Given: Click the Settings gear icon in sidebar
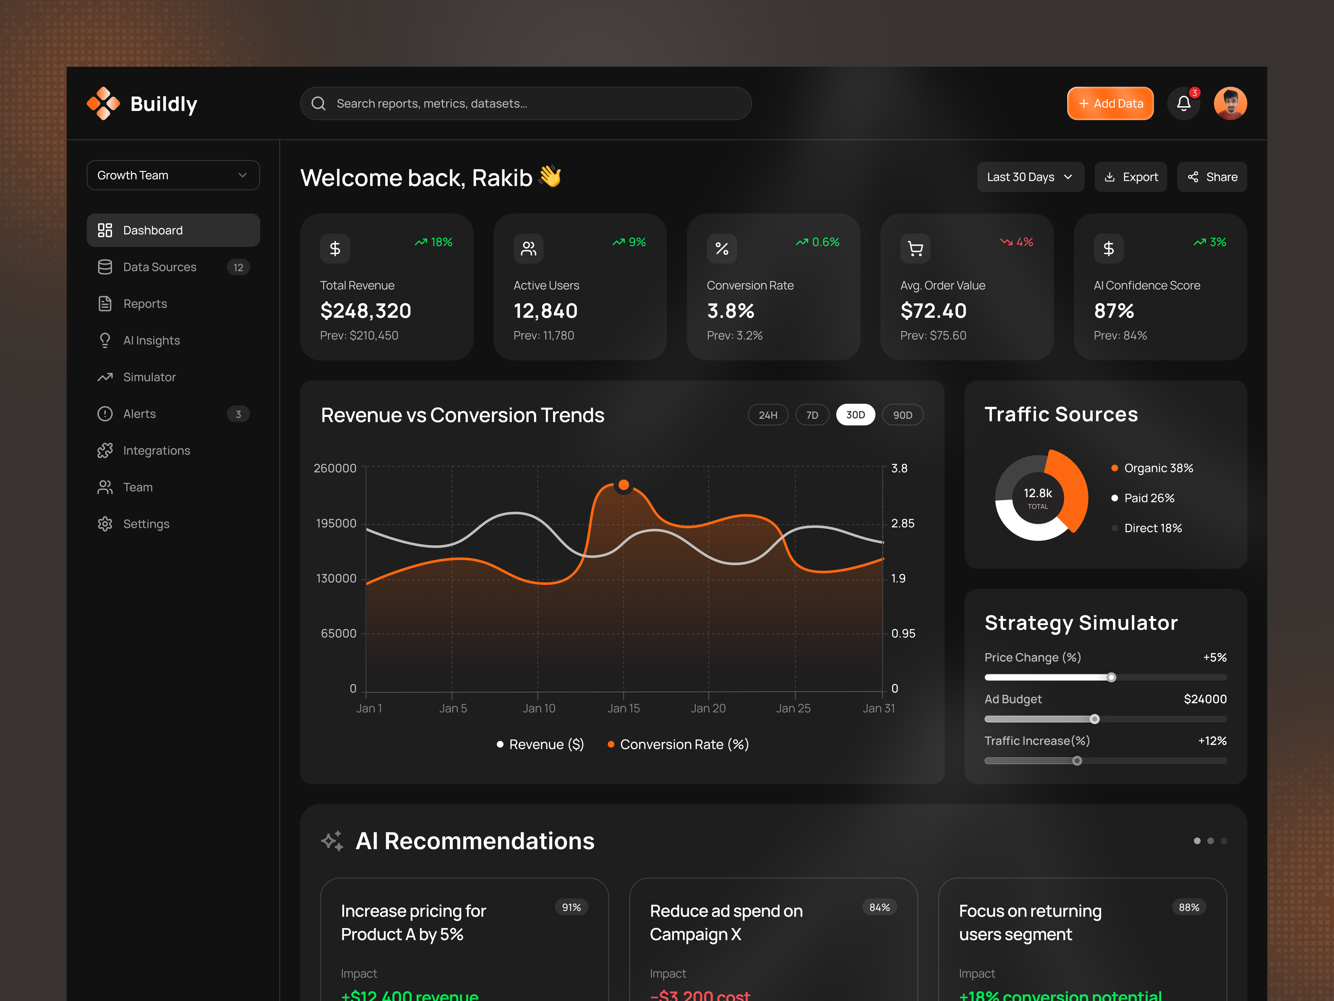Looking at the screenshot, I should coord(105,524).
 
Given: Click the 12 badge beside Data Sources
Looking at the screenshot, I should coord(238,267).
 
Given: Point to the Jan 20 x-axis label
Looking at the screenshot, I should coord(708,708).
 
